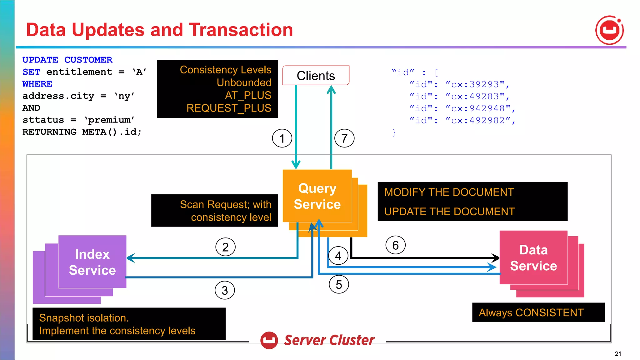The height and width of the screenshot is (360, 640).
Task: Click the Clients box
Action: (316, 75)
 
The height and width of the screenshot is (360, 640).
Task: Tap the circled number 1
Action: (282, 138)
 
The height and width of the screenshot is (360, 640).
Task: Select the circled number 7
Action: (344, 138)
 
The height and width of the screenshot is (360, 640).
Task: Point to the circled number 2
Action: (225, 247)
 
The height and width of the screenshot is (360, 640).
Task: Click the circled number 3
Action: (224, 290)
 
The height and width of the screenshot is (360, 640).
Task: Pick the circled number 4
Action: (338, 256)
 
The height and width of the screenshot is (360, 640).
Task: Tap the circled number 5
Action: (339, 284)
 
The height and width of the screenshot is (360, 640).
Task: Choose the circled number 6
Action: (395, 245)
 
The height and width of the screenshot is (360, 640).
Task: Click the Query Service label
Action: (317, 196)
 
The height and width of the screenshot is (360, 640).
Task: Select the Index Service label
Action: (92, 262)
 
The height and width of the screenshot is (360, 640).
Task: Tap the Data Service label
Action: (533, 258)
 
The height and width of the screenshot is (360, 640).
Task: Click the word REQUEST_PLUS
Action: (229, 108)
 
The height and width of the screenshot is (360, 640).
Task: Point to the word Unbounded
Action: (244, 82)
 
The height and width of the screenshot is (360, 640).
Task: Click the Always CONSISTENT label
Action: (531, 312)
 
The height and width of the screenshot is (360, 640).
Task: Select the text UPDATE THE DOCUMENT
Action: (449, 212)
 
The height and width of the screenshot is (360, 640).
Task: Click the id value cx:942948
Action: (478, 108)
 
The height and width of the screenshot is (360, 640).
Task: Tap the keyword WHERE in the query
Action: (37, 84)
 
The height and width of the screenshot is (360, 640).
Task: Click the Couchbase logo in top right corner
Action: (609, 30)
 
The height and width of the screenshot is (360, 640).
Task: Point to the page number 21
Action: (618, 353)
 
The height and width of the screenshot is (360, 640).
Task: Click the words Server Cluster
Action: (329, 340)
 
